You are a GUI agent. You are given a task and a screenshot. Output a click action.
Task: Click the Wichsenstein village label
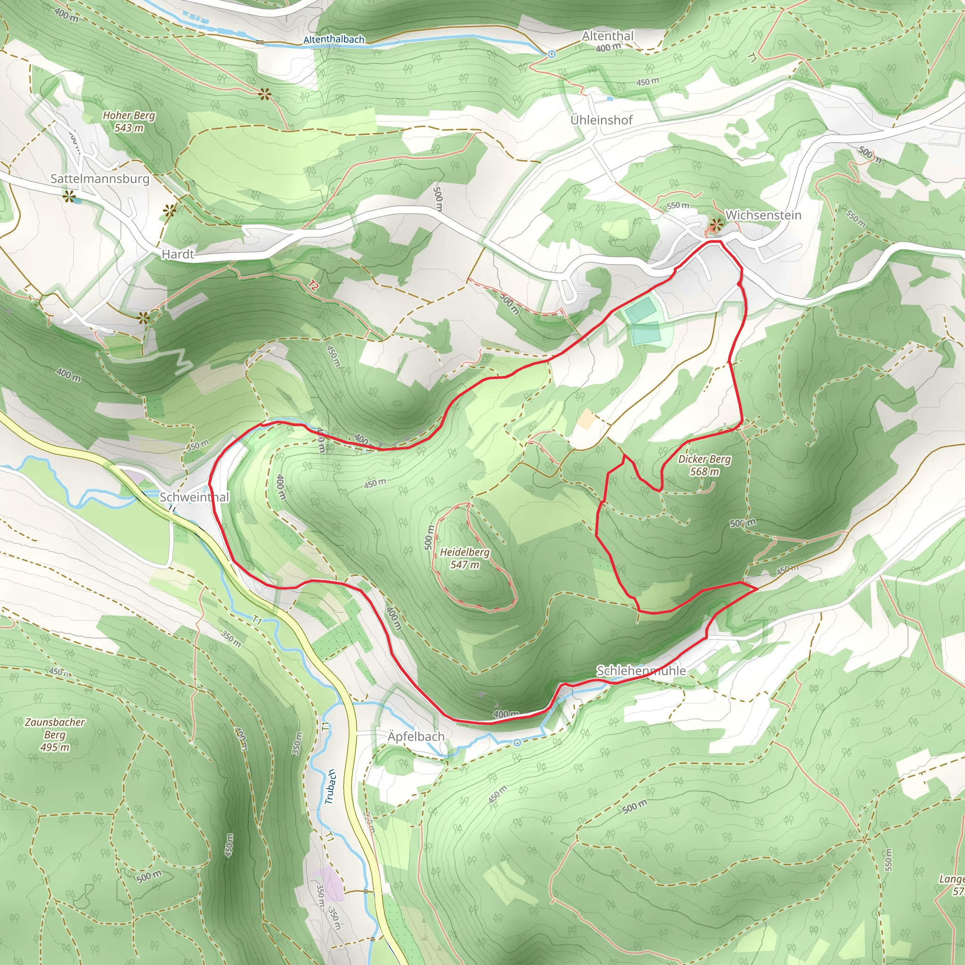763,215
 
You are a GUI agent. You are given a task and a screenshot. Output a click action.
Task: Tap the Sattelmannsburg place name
100,179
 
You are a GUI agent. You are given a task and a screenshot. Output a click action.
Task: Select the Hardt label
178,254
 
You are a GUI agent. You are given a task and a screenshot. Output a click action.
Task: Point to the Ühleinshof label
601,120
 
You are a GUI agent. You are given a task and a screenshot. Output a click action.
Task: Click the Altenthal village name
607,36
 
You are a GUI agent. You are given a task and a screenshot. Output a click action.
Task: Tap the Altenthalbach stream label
334,40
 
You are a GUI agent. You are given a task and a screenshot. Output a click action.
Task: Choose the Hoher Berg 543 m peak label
129,122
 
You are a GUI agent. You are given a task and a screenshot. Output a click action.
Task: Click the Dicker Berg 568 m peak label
704,465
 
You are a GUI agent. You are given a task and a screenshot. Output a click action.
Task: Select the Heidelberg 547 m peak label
465,558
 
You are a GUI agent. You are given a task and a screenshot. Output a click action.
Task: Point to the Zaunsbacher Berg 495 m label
55,735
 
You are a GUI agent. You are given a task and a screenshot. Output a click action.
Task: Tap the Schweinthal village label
194,497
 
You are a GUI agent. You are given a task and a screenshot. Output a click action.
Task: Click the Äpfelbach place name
416,737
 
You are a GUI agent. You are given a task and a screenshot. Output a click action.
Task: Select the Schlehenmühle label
641,671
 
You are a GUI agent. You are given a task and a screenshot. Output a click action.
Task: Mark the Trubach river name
330,787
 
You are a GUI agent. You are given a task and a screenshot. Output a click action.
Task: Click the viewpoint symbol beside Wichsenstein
717,225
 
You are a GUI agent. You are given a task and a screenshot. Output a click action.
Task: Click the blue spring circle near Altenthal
551,54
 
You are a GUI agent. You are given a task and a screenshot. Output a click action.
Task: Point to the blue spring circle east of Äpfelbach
517,743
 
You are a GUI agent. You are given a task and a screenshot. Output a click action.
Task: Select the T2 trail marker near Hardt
313,286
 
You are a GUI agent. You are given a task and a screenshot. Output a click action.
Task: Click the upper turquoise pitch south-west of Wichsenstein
640,311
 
